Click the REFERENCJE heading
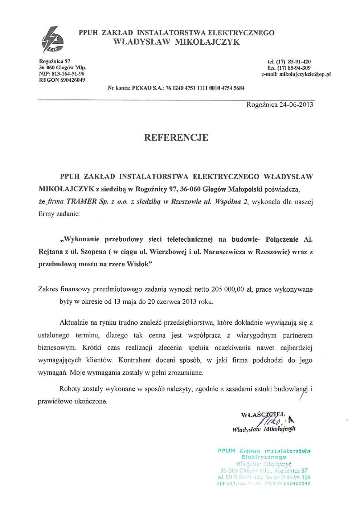176,137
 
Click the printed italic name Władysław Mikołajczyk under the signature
264,429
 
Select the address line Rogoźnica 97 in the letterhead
54,62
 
